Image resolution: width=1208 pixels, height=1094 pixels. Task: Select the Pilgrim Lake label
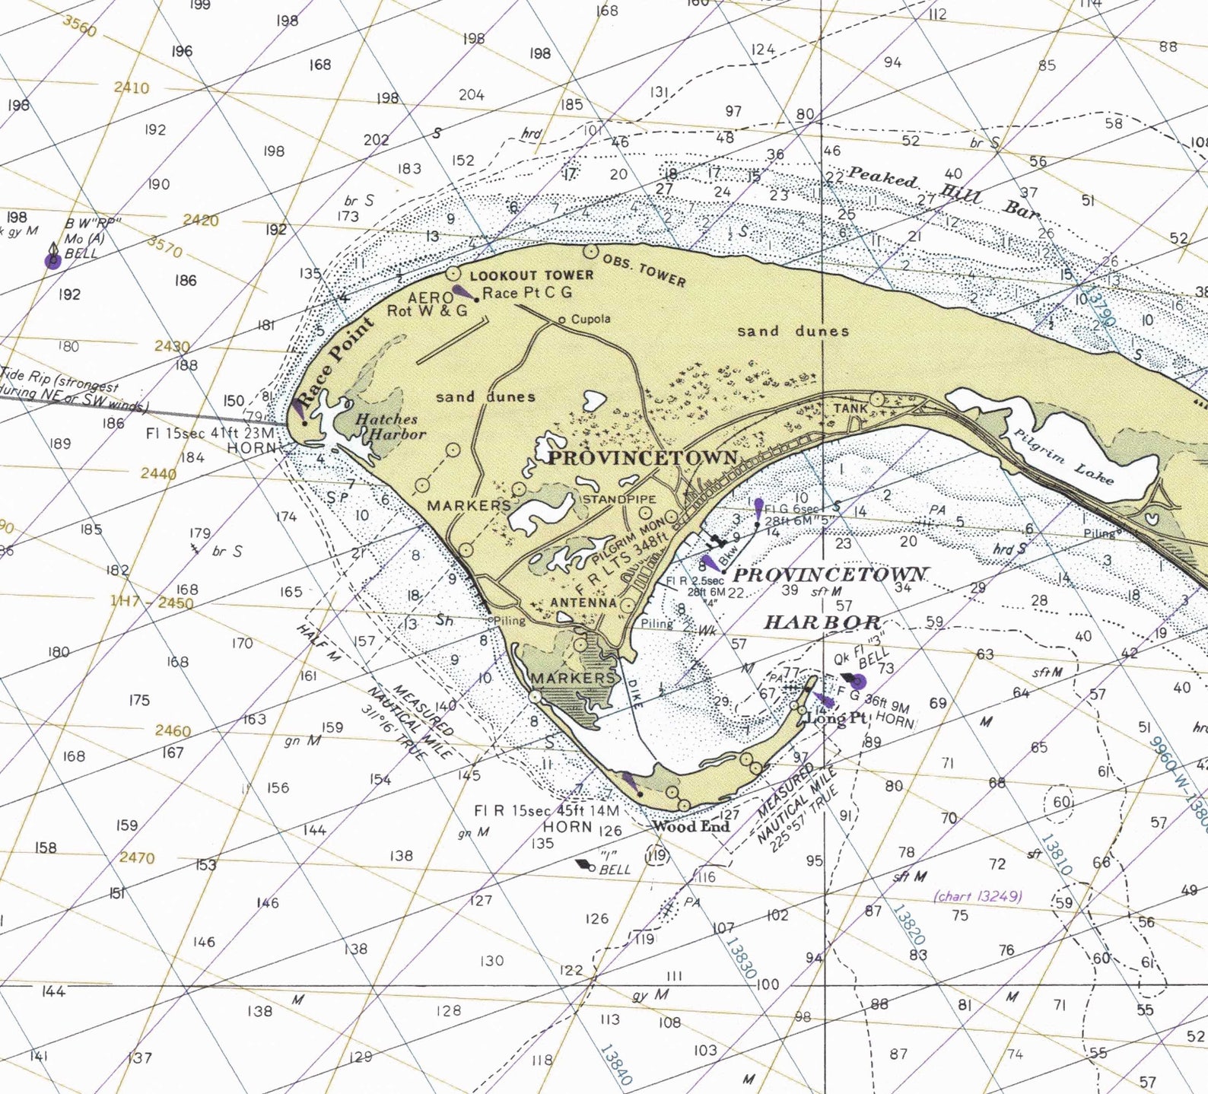click(1063, 456)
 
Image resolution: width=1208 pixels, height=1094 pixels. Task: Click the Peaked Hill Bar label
click(943, 192)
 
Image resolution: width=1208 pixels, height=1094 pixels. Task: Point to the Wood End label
click(691, 826)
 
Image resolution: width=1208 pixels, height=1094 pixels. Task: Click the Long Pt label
click(836, 717)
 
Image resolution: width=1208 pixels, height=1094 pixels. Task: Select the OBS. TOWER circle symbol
click(590, 250)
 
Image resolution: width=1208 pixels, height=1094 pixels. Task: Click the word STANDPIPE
click(618, 499)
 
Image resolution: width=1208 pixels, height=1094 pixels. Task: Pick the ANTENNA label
click(583, 603)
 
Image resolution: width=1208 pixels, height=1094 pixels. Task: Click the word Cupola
click(590, 319)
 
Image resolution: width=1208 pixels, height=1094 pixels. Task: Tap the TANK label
click(850, 409)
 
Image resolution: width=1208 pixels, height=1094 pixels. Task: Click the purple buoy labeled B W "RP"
click(52, 262)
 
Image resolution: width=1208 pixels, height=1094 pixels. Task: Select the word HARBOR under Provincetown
click(822, 622)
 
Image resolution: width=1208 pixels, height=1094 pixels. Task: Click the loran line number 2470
click(137, 857)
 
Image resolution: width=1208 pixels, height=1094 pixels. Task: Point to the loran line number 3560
click(80, 27)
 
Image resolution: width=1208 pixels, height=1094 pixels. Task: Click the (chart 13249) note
click(978, 895)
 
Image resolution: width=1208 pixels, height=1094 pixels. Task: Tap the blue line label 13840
click(615, 1064)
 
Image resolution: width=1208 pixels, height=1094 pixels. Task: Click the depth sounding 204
click(471, 95)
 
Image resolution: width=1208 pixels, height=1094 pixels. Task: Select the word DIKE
click(634, 693)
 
